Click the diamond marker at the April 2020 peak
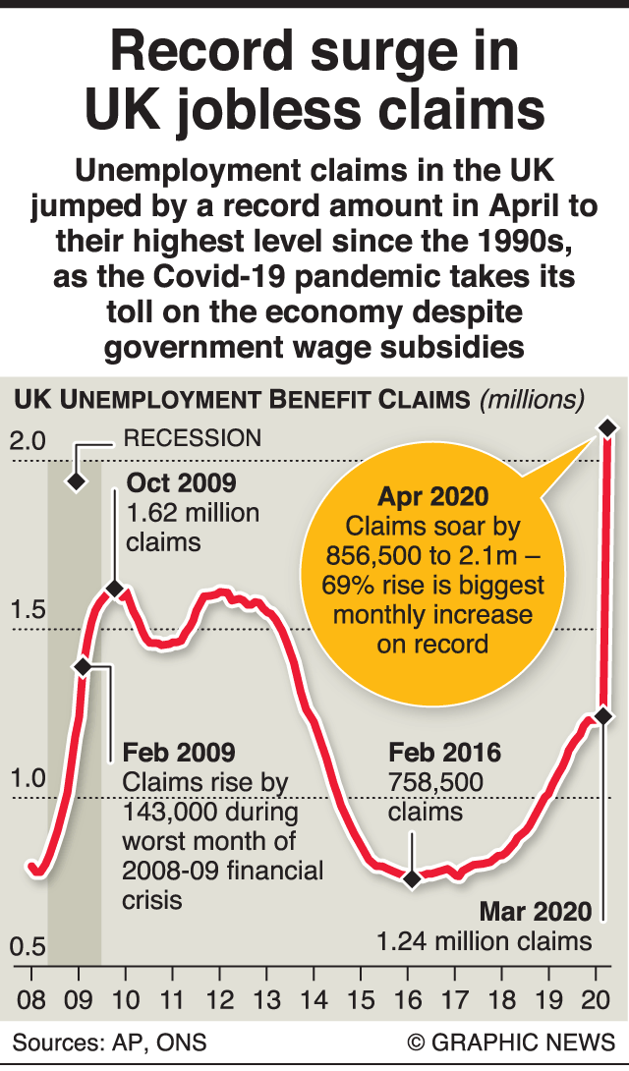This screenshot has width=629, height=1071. (607, 427)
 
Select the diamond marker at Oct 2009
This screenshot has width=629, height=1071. (114, 589)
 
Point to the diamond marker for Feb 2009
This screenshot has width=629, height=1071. (83, 666)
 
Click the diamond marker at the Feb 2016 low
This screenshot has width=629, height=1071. (413, 878)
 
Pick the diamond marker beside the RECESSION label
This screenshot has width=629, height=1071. (76, 480)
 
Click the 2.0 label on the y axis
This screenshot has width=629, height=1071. (28, 439)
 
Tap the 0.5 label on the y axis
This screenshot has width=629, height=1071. (28, 947)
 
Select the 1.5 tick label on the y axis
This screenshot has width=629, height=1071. (28, 609)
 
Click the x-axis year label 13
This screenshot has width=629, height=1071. (266, 1000)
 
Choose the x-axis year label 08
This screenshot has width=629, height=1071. (31, 1000)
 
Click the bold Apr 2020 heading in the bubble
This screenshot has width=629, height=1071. (433, 496)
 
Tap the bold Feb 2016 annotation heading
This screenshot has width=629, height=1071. (444, 754)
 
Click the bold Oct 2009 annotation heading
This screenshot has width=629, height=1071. (182, 482)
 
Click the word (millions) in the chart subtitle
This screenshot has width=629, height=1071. (531, 400)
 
